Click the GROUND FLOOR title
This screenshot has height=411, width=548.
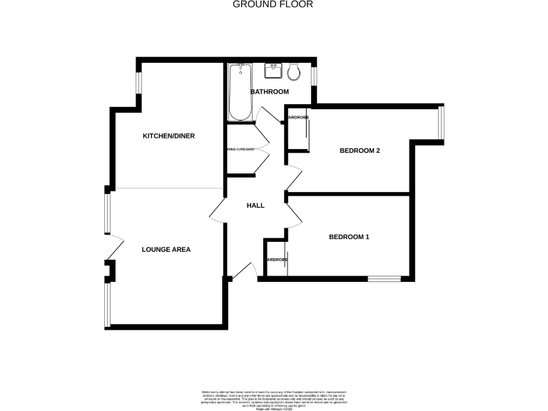pos(273,4)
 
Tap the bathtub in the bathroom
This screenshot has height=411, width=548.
pos(239,92)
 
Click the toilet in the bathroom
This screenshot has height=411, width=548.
pos(293,71)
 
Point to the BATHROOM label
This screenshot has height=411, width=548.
pos(269,92)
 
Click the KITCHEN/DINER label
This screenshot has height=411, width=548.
pos(168,136)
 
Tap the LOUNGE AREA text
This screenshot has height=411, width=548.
pos(166,250)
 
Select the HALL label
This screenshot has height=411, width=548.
pos(255,205)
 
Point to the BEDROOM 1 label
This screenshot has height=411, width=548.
pos(349,237)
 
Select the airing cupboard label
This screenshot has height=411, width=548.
pos(240,149)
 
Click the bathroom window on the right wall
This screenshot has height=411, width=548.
pos(315,76)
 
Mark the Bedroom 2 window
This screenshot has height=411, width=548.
pos(442,122)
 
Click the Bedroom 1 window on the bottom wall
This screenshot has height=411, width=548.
pos(385,278)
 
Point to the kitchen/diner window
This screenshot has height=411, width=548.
pos(138,83)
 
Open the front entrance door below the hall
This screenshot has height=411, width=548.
pos(243,272)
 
